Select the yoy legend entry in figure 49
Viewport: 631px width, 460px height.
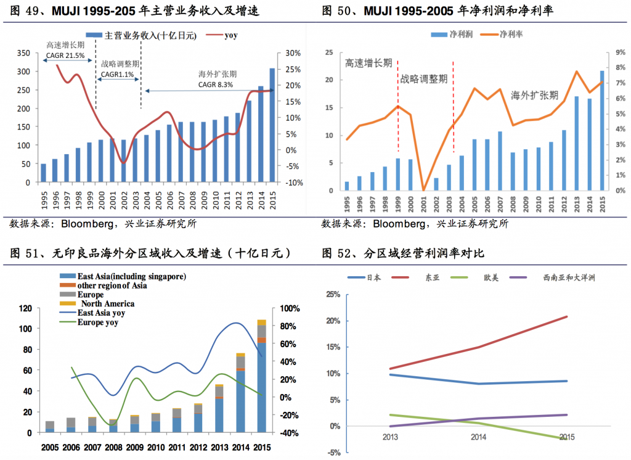231,35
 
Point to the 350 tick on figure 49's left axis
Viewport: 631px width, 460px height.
23,54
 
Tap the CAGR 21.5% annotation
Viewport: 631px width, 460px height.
65,55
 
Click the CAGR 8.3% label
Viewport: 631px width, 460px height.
215,84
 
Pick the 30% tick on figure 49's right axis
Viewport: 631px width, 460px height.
292,54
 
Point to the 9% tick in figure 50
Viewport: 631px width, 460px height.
618,53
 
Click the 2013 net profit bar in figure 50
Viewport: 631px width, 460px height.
577,143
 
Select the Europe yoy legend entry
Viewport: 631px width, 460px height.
97,322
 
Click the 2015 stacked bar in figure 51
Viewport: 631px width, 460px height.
261,376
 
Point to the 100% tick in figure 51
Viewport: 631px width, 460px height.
290,308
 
